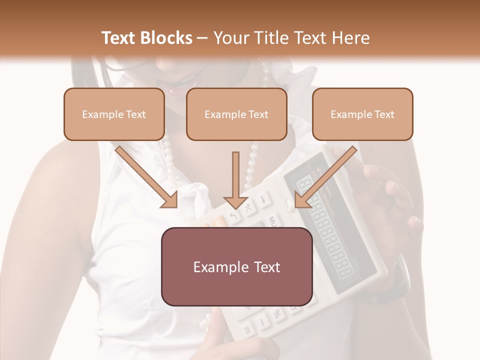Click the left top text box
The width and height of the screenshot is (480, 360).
(x=114, y=114)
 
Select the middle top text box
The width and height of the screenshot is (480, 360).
(x=236, y=114)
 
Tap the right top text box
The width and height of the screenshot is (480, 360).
(x=362, y=114)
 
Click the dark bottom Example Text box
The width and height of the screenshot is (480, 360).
(x=236, y=266)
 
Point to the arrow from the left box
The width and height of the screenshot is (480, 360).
(x=147, y=177)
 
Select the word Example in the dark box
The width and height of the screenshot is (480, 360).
(x=218, y=267)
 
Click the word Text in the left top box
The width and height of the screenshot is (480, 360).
(x=136, y=114)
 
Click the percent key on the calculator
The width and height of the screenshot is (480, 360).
(x=275, y=314)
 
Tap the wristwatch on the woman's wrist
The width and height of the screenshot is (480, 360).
(x=397, y=280)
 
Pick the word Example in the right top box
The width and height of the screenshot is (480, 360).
(x=349, y=114)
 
